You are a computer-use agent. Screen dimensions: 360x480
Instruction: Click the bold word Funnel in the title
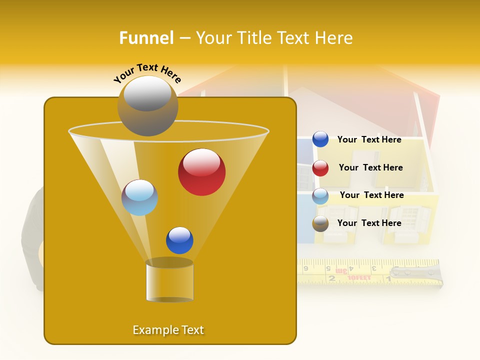click(146, 38)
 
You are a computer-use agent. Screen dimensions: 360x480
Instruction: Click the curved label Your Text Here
click(147, 73)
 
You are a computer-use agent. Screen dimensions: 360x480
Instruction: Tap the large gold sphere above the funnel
click(147, 106)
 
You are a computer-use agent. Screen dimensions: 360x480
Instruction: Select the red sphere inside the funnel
click(201, 172)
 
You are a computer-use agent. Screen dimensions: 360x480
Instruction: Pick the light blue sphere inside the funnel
click(139, 197)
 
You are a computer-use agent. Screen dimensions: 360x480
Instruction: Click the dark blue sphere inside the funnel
click(179, 240)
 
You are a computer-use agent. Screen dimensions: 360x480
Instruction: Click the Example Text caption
click(168, 330)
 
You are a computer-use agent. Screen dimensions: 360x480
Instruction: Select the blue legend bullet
click(320, 139)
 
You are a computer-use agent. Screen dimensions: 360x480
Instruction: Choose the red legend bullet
click(320, 168)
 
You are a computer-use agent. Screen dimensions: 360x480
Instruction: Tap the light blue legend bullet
click(320, 196)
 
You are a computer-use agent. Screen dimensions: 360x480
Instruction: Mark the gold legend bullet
click(320, 223)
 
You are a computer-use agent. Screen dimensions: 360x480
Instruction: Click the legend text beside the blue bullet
click(369, 140)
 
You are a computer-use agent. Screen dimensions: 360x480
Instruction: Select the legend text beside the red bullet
click(370, 168)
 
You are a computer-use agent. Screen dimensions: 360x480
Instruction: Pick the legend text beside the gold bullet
click(369, 223)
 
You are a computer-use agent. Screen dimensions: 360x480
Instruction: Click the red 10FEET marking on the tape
click(359, 277)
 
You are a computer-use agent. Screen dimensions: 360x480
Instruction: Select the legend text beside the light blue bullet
click(371, 195)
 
